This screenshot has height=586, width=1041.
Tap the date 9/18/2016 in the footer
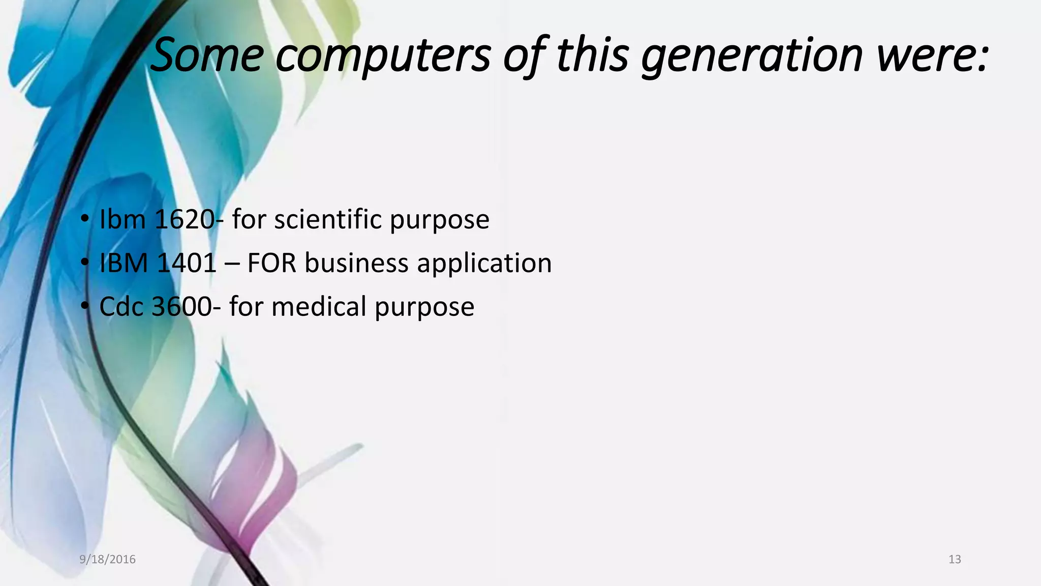coord(108,560)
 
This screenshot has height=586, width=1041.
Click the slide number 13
coord(955,560)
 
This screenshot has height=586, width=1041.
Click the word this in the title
coord(593,54)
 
